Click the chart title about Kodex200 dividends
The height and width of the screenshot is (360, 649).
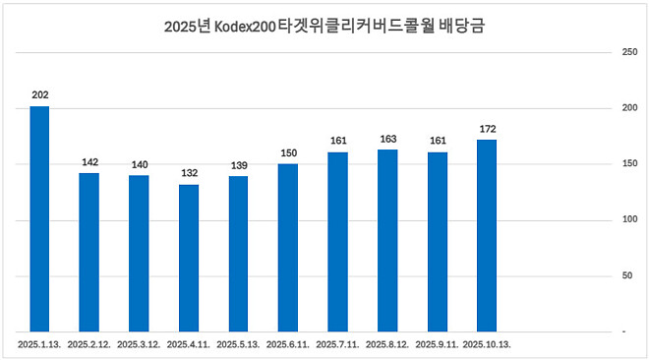click(x=324, y=28)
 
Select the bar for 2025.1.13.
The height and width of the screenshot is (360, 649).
click(x=39, y=218)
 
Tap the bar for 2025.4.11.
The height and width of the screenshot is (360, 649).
click(x=189, y=258)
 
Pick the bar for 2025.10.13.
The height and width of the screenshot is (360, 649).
click(x=487, y=235)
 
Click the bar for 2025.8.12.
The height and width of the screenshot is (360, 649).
click(x=387, y=240)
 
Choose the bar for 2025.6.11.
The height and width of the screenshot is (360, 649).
click(x=288, y=247)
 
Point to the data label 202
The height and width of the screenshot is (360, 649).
click(x=39, y=94)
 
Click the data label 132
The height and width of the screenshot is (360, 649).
click(x=189, y=173)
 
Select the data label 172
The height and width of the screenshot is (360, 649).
click(x=487, y=129)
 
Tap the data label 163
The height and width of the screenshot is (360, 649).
click(x=387, y=139)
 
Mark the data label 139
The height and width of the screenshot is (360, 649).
click(x=238, y=165)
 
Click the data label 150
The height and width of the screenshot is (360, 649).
click(x=288, y=152)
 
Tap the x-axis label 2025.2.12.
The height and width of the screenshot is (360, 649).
click(x=89, y=345)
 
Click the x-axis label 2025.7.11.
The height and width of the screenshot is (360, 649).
click(x=337, y=345)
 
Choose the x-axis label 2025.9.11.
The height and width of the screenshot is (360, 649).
click(x=437, y=345)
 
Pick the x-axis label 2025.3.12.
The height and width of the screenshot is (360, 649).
click(x=139, y=345)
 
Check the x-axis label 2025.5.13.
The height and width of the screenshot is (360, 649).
click(x=238, y=345)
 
